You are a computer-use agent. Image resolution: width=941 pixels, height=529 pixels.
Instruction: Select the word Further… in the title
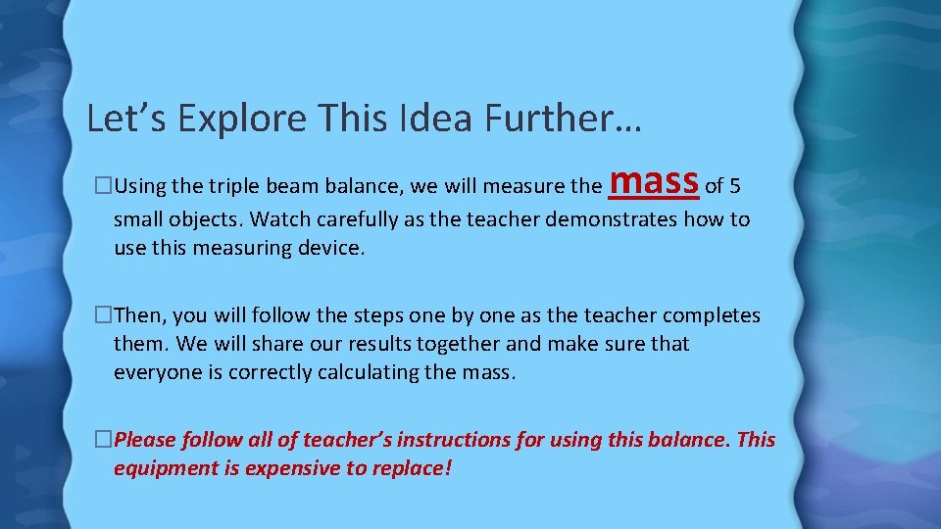coord(568,119)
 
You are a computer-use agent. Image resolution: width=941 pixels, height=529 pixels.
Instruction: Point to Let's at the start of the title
coord(117,119)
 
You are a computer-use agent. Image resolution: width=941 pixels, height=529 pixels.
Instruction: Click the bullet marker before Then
coord(104,315)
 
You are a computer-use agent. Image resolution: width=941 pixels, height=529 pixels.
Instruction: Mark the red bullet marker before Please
coord(104,440)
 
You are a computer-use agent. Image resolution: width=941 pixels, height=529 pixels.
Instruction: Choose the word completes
coord(712,315)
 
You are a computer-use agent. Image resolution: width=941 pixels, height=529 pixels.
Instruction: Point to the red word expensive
coord(290,468)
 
